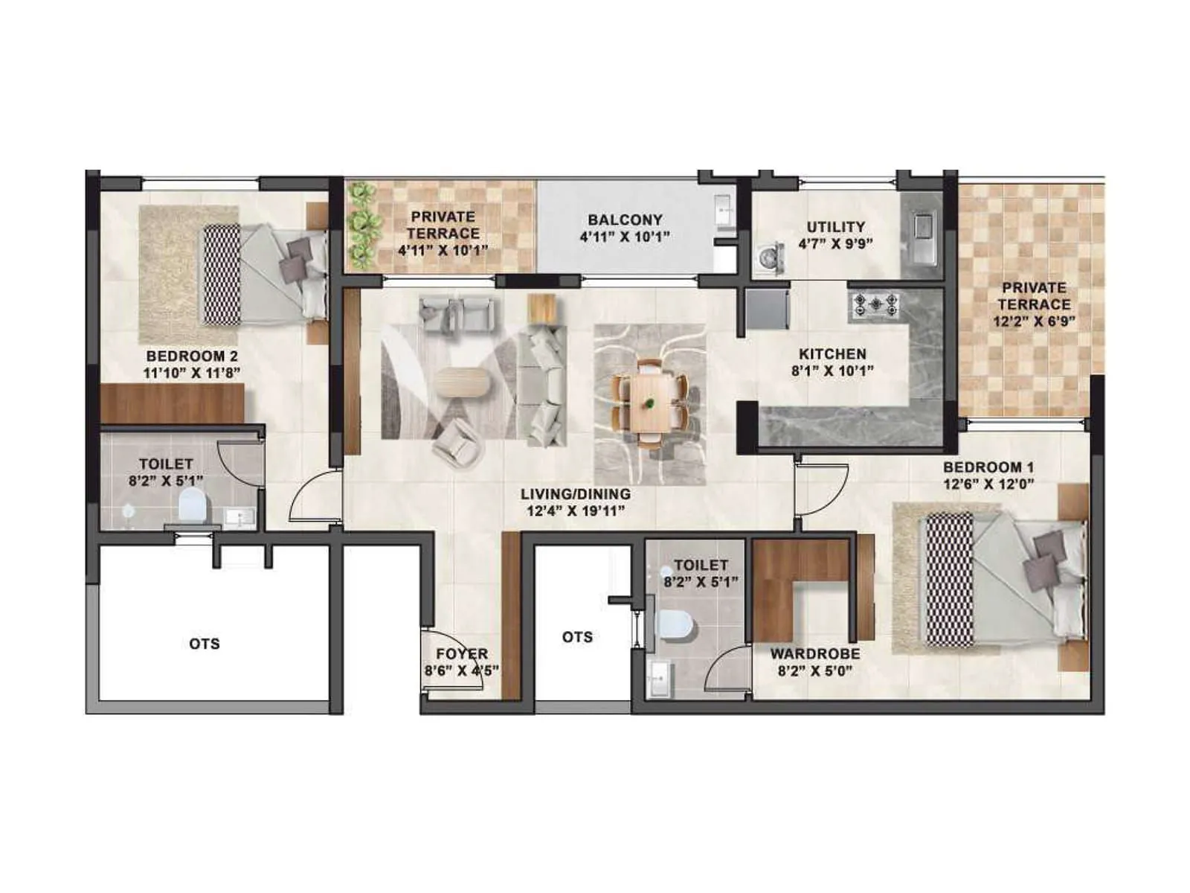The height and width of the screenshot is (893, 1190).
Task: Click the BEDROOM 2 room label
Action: tap(192, 356)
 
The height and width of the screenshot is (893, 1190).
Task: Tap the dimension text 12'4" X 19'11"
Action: tap(575, 511)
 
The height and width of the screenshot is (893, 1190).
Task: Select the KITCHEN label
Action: tap(832, 354)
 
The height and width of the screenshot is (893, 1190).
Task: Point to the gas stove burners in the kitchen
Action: tap(875, 304)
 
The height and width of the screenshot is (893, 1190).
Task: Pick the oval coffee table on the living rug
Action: tap(463, 383)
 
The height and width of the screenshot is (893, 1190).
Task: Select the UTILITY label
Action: tap(836, 226)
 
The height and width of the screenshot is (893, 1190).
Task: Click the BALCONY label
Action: tap(625, 220)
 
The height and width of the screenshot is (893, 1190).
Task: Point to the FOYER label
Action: tap(462, 653)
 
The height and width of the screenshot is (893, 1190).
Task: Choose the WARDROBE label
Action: tap(815, 653)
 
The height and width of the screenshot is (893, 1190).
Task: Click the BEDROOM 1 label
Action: tap(988, 467)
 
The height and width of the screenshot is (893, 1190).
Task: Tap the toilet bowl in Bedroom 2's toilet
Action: tap(192, 507)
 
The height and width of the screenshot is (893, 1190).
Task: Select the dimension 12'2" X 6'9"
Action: tap(1035, 322)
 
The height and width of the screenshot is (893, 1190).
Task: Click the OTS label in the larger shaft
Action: tap(205, 644)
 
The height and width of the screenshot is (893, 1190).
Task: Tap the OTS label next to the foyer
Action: tap(577, 637)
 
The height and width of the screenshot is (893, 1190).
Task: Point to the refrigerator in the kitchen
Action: tap(768, 310)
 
